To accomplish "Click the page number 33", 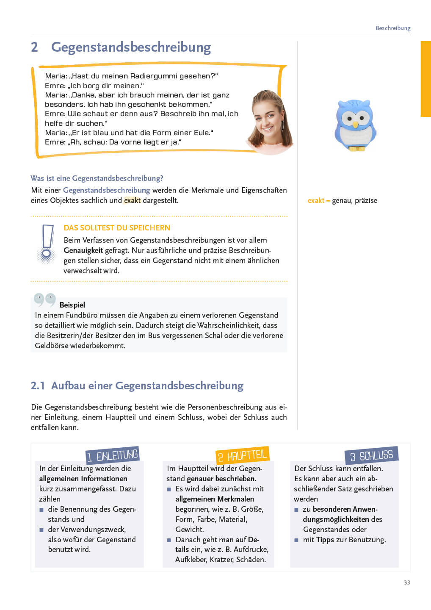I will tap(407, 582).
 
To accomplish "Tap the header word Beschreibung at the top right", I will tap(393, 28).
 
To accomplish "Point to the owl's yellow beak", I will tap(355, 125).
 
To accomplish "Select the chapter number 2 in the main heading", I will tap(34, 47).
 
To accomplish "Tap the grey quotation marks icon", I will tap(44, 299).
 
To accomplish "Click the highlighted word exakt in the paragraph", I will tap(132, 200).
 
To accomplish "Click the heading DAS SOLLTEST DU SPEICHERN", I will tap(117, 228).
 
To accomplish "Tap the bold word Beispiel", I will tap(72, 305).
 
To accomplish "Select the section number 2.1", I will tap(37, 386).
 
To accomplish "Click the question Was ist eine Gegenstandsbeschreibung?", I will tap(97, 178).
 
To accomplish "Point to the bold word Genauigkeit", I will tap(83, 250).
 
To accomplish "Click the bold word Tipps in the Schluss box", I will tap(325, 540).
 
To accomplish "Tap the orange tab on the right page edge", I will tap(425, 79).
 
